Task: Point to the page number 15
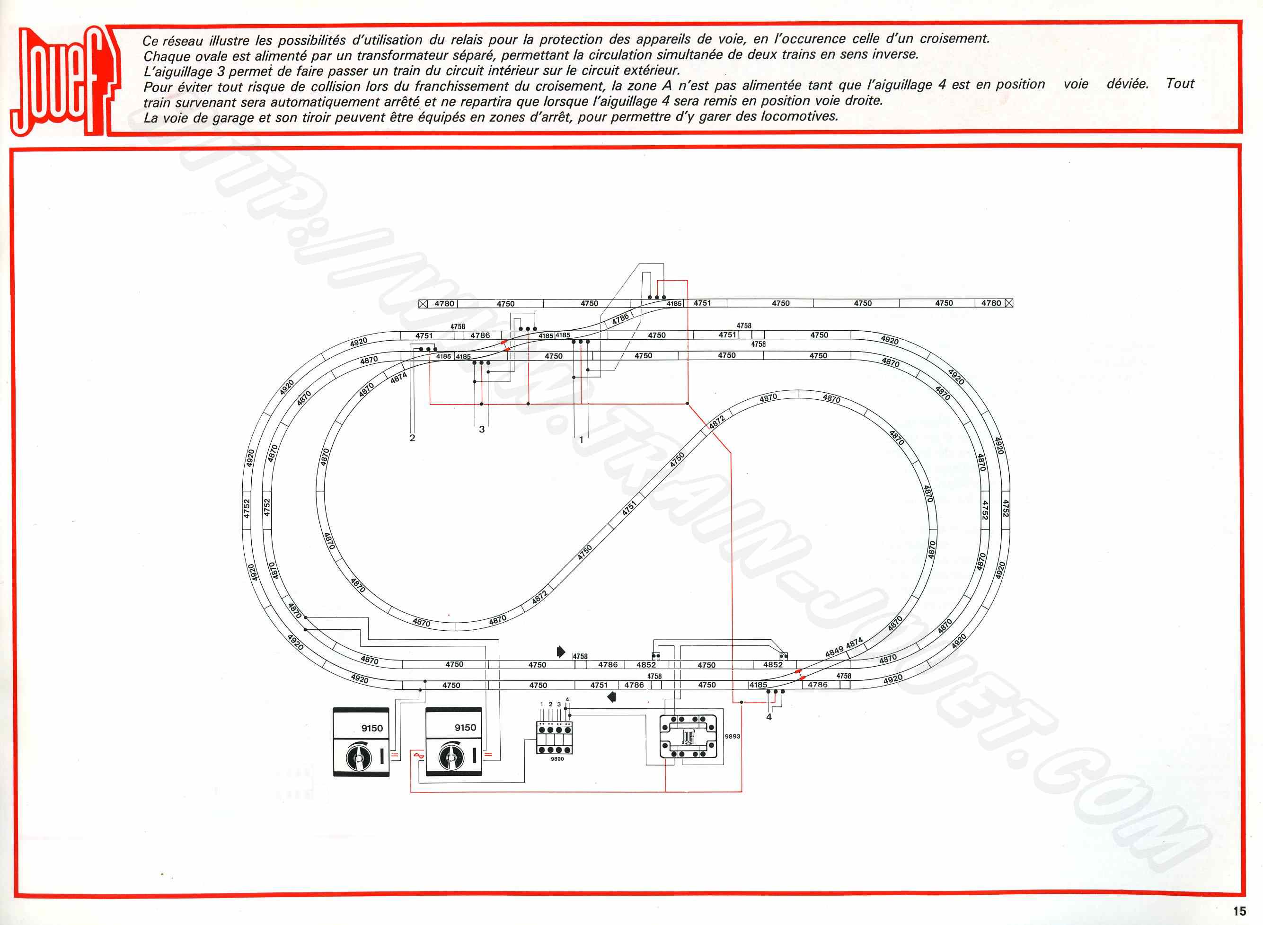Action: click(1239, 911)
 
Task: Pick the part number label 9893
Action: click(732, 736)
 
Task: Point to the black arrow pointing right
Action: click(561, 651)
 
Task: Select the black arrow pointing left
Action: click(611, 697)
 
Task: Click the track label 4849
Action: click(834, 653)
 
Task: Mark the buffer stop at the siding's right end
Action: click(1009, 303)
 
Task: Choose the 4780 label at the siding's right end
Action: click(991, 303)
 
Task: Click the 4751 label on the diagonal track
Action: click(630, 508)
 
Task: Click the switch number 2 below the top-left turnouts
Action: click(413, 438)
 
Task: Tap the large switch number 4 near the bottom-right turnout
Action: click(768, 717)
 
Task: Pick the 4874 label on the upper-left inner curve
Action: click(398, 379)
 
